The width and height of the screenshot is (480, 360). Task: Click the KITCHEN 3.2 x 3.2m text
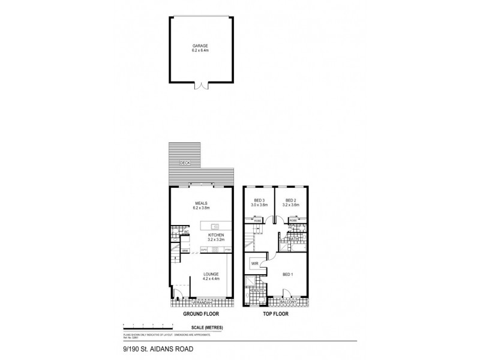(216, 238)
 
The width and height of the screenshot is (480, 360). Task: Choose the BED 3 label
(259, 203)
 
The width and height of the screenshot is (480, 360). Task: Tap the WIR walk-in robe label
(255, 263)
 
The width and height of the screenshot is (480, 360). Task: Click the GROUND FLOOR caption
(201, 314)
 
